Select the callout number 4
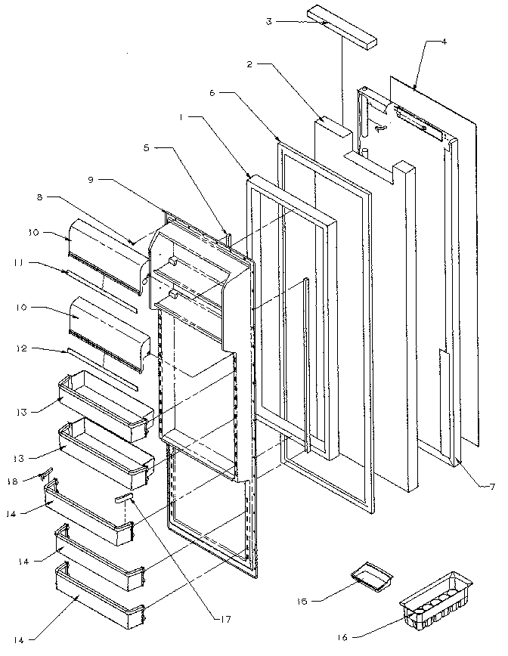pos(444,42)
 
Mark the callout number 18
pos(32,479)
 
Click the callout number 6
pos(212,92)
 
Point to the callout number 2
pos(250,65)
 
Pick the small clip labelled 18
pos(46,475)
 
